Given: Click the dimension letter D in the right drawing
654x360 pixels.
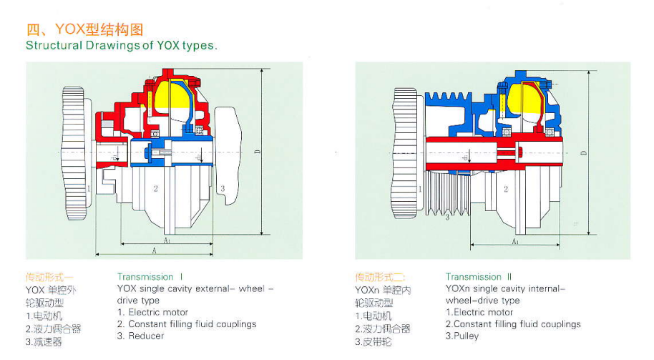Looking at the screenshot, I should (583, 152).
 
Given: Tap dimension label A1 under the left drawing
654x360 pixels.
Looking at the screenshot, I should (167, 240).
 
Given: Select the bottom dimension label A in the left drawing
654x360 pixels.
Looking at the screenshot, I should (154, 250).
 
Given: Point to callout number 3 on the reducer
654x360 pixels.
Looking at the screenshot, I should (223, 188).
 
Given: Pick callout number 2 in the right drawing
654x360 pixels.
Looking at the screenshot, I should (506, 189).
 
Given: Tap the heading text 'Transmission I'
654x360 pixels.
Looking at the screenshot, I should (150, 276).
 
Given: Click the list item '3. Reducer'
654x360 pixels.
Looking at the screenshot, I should (141, 336).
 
